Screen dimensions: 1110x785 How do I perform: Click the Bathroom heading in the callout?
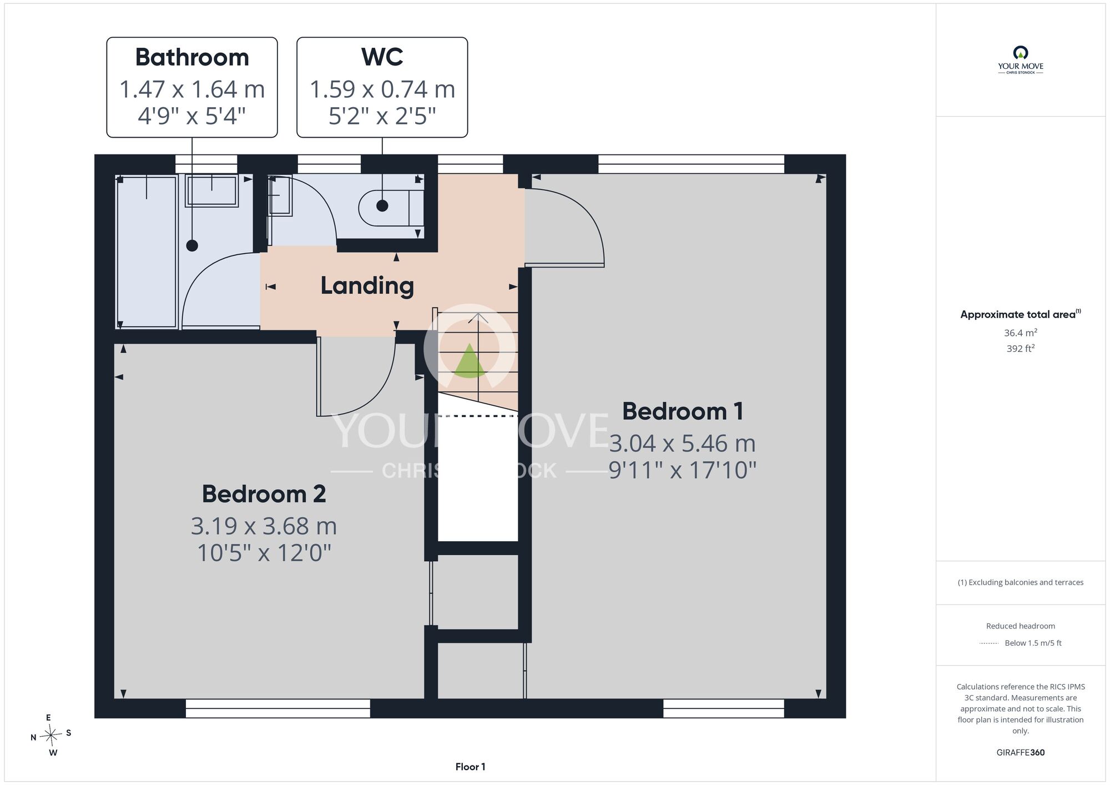click(x=192, y=57)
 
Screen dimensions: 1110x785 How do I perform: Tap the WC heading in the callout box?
click(x=382, y=57)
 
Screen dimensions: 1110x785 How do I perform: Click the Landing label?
click(x=367, y=286)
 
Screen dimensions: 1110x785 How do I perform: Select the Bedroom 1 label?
click(x=683, y=411)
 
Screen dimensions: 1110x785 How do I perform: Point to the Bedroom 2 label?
click(x=264, y=494)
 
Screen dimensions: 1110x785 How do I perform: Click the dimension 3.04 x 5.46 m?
click(x=683, y=444)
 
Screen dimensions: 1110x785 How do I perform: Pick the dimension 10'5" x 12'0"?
click(x=264, y=553)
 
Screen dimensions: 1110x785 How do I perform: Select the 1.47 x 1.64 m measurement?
click(x=192, y=89)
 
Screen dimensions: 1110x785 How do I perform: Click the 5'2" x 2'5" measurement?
click(x=382, y=117)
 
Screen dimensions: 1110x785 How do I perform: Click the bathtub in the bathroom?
click(x=147, y=251)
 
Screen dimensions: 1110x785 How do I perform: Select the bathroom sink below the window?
click(x=212, y=190)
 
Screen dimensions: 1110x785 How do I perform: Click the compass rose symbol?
click(x=51, y=736)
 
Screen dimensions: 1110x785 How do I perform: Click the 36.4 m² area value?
click(x=1020, y=333)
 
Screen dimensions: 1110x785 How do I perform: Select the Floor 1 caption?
click(x=470, y=767)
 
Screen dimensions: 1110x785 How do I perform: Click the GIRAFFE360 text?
click(x=1020, y=752)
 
